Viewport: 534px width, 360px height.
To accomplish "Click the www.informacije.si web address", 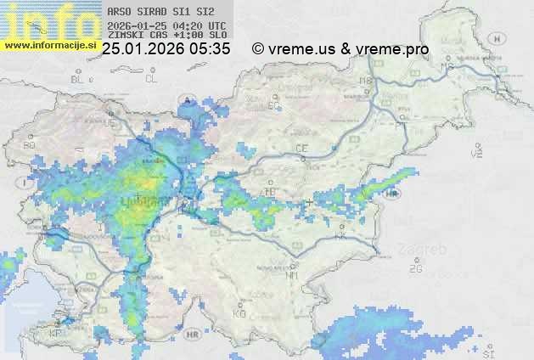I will pos(50,44).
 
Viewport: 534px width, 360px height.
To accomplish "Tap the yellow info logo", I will pos(47,21).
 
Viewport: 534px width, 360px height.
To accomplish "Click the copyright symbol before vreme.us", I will pos(258,49).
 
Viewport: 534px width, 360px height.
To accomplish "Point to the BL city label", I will pos(79,79).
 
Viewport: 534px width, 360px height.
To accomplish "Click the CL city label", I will pos(151,78).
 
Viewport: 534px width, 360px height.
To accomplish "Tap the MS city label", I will pos(443,53).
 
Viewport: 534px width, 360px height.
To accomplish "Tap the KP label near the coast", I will pos(56,334).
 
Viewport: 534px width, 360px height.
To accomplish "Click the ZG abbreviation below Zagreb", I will pos(415,269).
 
